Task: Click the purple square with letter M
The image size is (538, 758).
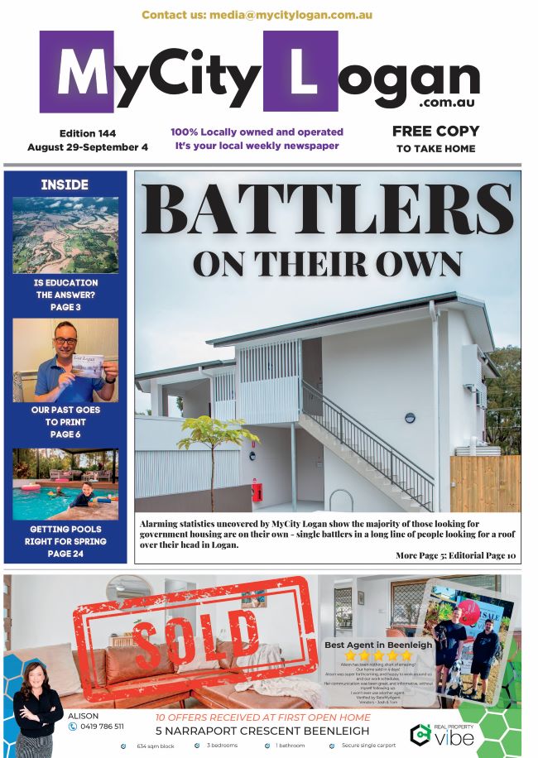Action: click(76, 72)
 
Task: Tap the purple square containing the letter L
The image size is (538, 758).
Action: click(300, 72)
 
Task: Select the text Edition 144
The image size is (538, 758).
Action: click(88, 133)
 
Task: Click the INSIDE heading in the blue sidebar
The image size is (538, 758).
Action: click(65, 185)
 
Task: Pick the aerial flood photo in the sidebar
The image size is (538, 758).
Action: click(65, 235)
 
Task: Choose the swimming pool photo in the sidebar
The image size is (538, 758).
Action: click(65, 484)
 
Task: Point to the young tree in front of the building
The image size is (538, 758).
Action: click(218, 455)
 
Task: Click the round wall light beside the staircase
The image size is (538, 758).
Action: click(410, 418)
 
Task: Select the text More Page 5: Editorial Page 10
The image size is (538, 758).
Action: click(455, 555)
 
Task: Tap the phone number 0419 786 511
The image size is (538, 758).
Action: click(102, 727)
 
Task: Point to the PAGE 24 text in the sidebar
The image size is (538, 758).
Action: click(65, 554)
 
